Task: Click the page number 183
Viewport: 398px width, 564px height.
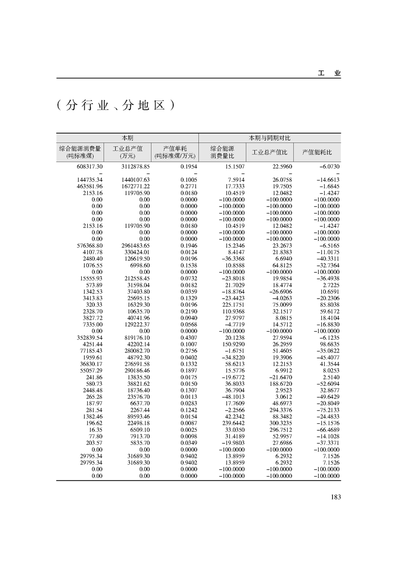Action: [336, 497]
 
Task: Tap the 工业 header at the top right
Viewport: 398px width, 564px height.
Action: [329, 73]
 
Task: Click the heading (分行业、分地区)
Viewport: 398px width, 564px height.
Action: [115, 105]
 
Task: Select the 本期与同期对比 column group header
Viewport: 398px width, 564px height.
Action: [270, 137]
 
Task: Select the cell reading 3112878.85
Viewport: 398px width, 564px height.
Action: [136, 166]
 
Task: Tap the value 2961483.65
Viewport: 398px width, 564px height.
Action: [136, 245]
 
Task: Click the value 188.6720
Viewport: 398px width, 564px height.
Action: [279, 382]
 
